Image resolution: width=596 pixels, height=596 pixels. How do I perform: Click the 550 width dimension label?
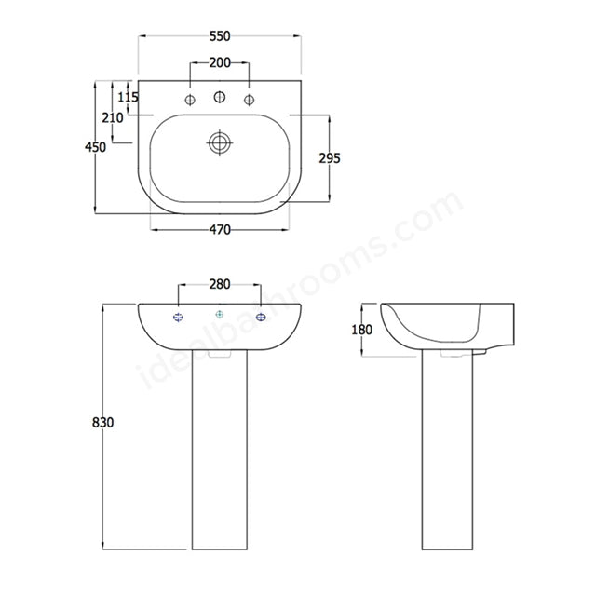220,36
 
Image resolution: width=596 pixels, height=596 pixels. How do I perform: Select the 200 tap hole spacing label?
220,62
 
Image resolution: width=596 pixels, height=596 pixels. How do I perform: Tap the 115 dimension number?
129,97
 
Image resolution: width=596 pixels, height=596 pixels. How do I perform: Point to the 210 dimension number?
113,117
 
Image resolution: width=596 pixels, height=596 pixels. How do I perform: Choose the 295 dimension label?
329,158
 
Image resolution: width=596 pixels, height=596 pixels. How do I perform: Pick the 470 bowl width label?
220,229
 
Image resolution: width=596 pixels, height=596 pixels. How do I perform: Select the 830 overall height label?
102,423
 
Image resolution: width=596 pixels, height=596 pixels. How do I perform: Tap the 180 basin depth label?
362,330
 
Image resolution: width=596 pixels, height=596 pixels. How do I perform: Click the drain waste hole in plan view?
220,143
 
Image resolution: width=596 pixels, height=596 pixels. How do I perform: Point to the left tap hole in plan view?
190,100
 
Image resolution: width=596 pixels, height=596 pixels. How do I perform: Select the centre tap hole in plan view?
220,97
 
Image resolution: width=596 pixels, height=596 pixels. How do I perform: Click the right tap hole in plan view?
250,100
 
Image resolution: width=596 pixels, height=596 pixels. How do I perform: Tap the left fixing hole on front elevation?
179,318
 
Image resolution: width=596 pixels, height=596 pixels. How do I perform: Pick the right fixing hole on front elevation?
261,318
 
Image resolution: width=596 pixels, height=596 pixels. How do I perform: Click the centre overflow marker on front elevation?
220,315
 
